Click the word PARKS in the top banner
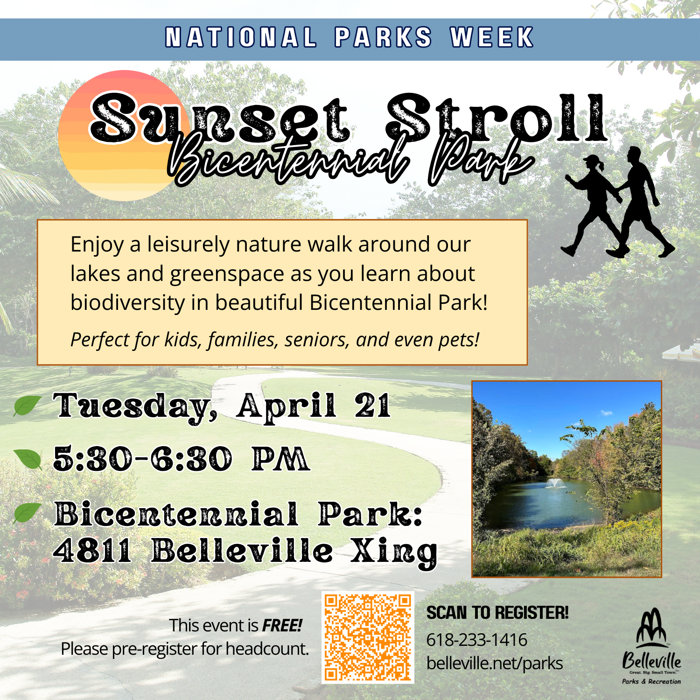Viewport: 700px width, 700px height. pyautogui.click(x=383, y=37)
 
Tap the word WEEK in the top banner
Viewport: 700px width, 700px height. pyautogui.click(x=492, y=37)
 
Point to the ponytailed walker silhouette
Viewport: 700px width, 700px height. pyautogui.click(x=593, y=205)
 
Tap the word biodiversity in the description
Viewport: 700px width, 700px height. pyautogui.click(x=127, y=303)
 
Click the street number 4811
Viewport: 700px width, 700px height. pyautogui.click(x=92, y=551)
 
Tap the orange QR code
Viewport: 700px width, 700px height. pyautogui.click(x=368, y=637)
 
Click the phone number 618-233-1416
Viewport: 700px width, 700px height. pyautogui.click(x=477, y=640)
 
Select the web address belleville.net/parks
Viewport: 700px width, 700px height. pyautogui.click(x=495, y=664)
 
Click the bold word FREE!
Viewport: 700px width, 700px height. pyautogui.click(x=282, y=625)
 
